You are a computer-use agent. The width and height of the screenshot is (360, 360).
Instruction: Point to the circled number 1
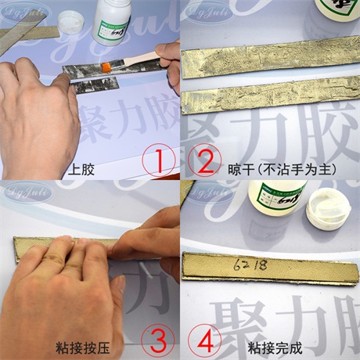tap(160, 162)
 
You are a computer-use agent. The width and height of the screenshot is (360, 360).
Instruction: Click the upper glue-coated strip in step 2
tap(270, 51)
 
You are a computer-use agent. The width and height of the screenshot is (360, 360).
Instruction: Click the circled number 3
tap(158, 341)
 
